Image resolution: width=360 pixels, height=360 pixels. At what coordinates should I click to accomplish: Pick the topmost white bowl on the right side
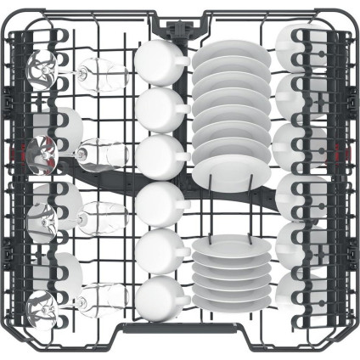click(293, 47)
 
